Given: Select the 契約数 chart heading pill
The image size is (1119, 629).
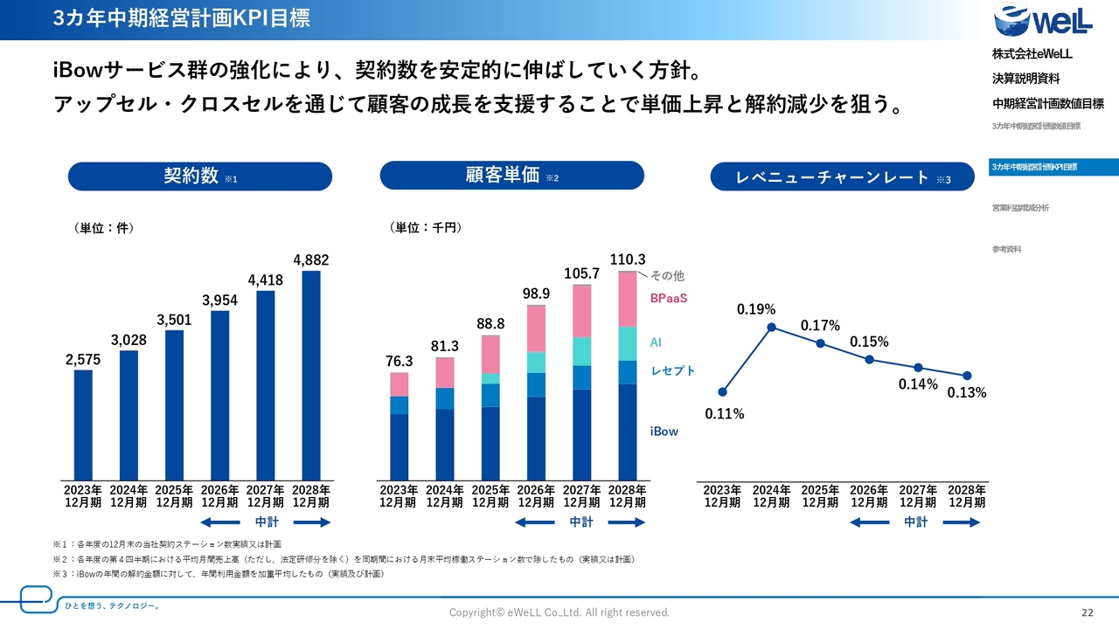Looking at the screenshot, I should pyautogui.click(x=200, y=176).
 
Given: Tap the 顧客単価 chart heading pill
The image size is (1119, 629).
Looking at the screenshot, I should pyautogui.click(x=511, y=176).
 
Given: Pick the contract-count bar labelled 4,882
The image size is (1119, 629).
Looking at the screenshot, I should pyautogui.click(x=310, y=376).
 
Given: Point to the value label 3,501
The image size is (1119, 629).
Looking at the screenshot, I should pyautogui.click(x=174, y=320).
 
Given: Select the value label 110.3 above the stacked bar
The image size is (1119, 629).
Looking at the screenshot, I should pyautogui.click(x=627, y=259).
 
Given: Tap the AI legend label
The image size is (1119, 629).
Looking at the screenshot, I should pyautogui.click(x=656, y=342).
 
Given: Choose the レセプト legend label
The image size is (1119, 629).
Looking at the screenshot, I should pyautogui.click(x=672, y=371).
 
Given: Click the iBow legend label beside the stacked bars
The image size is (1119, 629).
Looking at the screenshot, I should pyautogui.click(x=664, y=432).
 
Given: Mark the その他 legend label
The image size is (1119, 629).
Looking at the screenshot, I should pyautogui.click(x=668, y=276).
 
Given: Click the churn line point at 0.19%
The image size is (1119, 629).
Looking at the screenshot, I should pyautogui.click(x=772, y=328).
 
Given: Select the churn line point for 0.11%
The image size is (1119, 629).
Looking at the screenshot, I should pyautogui.click(x=722, y=391).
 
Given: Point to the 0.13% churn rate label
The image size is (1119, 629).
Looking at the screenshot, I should pyautogui.click(x=967, y=393).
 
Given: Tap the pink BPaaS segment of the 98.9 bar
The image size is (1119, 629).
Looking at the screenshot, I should pyautogui.click(x=536, y=329).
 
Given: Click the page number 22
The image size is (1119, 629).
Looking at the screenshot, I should pyautogui.click(x=1088, y=612).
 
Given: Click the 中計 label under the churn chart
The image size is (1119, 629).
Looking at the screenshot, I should pyautogui.click(x=915, y=522).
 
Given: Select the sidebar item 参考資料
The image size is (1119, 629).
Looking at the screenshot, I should pyautogui.click(x=1006, y=250).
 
